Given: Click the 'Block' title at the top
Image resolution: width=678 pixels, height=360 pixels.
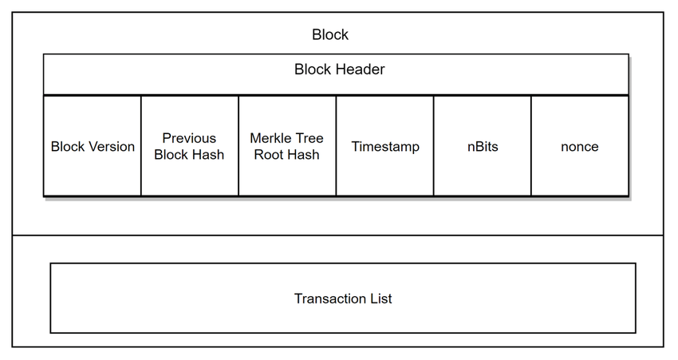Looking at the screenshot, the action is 330,34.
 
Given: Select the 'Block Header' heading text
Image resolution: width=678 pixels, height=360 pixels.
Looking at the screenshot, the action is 340,69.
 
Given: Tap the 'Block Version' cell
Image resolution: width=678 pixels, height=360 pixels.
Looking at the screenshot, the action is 93,146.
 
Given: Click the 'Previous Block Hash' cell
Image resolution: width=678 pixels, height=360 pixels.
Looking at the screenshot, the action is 189,146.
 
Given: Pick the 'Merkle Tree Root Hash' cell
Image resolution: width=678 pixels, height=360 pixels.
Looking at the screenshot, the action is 287,146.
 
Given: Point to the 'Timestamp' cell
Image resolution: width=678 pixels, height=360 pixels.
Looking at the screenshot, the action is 384,146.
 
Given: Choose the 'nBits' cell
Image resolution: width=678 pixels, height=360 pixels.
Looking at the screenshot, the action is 483,146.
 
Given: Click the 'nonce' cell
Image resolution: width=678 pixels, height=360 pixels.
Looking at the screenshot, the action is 580,146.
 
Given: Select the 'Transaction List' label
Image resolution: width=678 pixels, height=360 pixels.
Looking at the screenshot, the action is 343,299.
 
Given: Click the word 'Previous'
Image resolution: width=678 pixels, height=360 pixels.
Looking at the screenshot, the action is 189,138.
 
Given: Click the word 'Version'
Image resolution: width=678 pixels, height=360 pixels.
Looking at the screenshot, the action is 112,146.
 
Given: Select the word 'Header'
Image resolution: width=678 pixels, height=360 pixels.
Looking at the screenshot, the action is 358,69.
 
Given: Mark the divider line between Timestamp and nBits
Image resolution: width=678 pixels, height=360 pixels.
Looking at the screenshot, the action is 434,146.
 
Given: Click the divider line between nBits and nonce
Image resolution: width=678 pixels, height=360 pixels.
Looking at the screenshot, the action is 531,146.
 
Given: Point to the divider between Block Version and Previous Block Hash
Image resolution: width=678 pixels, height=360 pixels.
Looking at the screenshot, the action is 141,146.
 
